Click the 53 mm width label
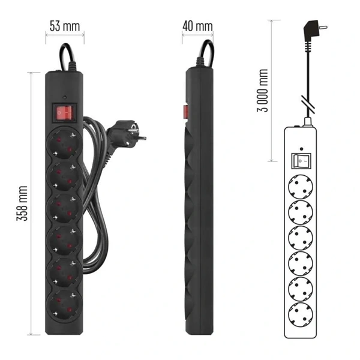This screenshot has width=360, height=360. click(x=65, y=26)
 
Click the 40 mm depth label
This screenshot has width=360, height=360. click(x=197, y=26)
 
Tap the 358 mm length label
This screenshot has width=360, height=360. click(x=22, y=203)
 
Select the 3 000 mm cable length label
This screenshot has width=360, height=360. click(x=262, y=90)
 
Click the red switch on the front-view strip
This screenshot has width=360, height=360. click(x=64, y=113)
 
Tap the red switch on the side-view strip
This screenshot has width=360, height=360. click(x=185, y=112)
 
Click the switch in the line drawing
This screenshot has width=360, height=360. click(x=301, y=161)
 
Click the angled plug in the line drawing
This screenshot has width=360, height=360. click(x=313, y=31)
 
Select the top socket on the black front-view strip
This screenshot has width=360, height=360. click(x=64, y=143)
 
